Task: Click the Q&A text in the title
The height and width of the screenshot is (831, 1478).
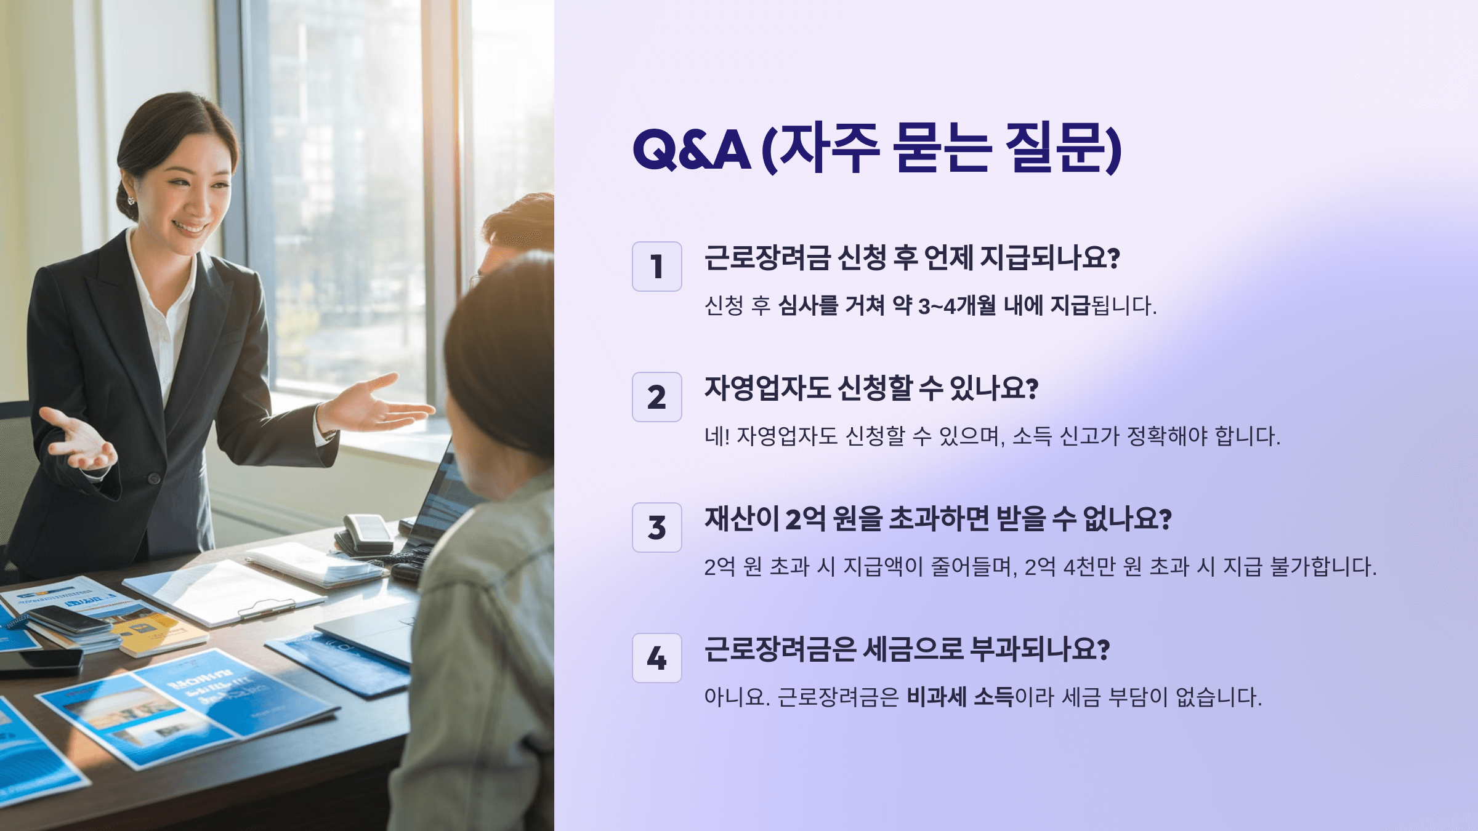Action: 691,150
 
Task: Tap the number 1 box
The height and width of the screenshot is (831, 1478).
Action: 656,267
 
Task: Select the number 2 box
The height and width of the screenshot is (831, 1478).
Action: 656,397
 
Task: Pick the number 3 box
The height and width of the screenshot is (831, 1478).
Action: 656,528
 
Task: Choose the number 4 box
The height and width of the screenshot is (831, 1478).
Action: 656,658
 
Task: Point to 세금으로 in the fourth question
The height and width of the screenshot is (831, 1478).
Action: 912,649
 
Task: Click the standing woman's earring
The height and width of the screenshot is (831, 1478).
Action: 131,200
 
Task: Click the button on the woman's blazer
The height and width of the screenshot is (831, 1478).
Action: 153,478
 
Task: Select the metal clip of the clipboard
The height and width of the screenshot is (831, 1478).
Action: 266,609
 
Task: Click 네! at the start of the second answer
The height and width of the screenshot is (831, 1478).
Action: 717,436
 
